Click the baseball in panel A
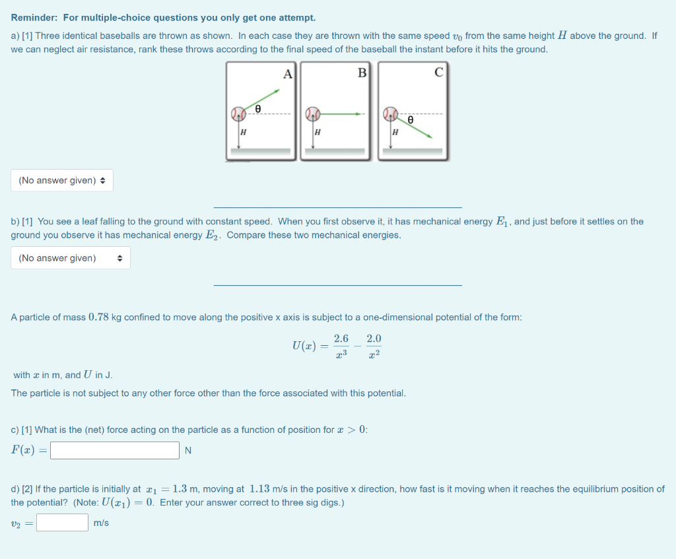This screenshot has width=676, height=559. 238,114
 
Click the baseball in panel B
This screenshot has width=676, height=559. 312,114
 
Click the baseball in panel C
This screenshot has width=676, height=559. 391,114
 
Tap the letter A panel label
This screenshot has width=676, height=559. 287,74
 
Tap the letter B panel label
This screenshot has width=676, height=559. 362,73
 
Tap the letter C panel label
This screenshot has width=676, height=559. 438,73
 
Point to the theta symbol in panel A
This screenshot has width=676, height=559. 258,108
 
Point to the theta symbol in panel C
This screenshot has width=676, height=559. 411,120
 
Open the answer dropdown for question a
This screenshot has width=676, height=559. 62,180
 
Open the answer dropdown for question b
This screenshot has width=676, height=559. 70,258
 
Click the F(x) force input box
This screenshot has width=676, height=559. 115,451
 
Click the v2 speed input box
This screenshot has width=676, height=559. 62,523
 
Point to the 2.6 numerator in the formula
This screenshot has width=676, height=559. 341,339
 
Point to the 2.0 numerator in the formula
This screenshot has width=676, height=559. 374,339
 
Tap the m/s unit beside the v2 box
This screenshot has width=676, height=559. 102,523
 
